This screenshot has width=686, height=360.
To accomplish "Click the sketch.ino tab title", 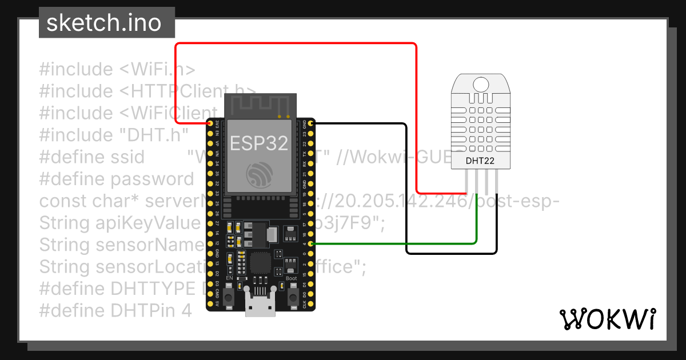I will pyautogui.click(x=103, y=23).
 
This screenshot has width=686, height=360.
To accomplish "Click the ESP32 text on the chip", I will pyautogui.click(x=259, y=143).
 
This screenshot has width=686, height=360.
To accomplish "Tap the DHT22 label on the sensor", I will pyautogui.click(x=480, y=161).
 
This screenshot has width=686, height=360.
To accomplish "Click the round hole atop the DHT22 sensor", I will pyautogui.click(x=480, y=84).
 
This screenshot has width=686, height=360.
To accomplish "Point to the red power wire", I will pyautogui.click(x=297, y=43).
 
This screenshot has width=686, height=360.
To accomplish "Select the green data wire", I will pyautogui.click(x=400, y=243).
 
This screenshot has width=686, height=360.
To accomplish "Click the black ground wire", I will pyautogui.click(x=406, y=189).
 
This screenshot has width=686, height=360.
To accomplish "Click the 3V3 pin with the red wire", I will pyautogui.click(x=210, y=123).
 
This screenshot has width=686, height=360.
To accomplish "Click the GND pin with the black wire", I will pyautogui.click(x=311, y=123).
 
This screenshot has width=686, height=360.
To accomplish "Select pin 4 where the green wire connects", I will pyautogui.click(x=311, y=244).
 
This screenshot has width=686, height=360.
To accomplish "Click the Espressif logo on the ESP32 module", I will pyautogui.click(x=259, y=174).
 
